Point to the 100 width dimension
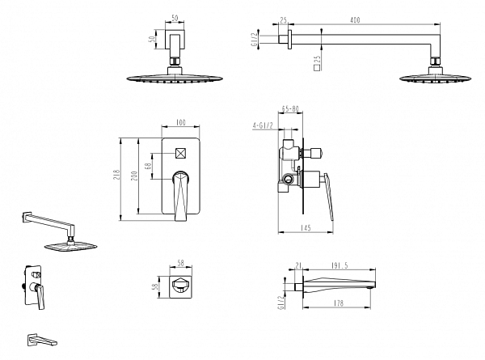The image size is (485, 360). pyautogui.click(x=180, y=122)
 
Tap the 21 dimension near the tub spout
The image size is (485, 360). pyautogui.click(x=299, y=264)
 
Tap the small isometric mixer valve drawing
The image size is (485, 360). pyautogui.click(x=33, y=287)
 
